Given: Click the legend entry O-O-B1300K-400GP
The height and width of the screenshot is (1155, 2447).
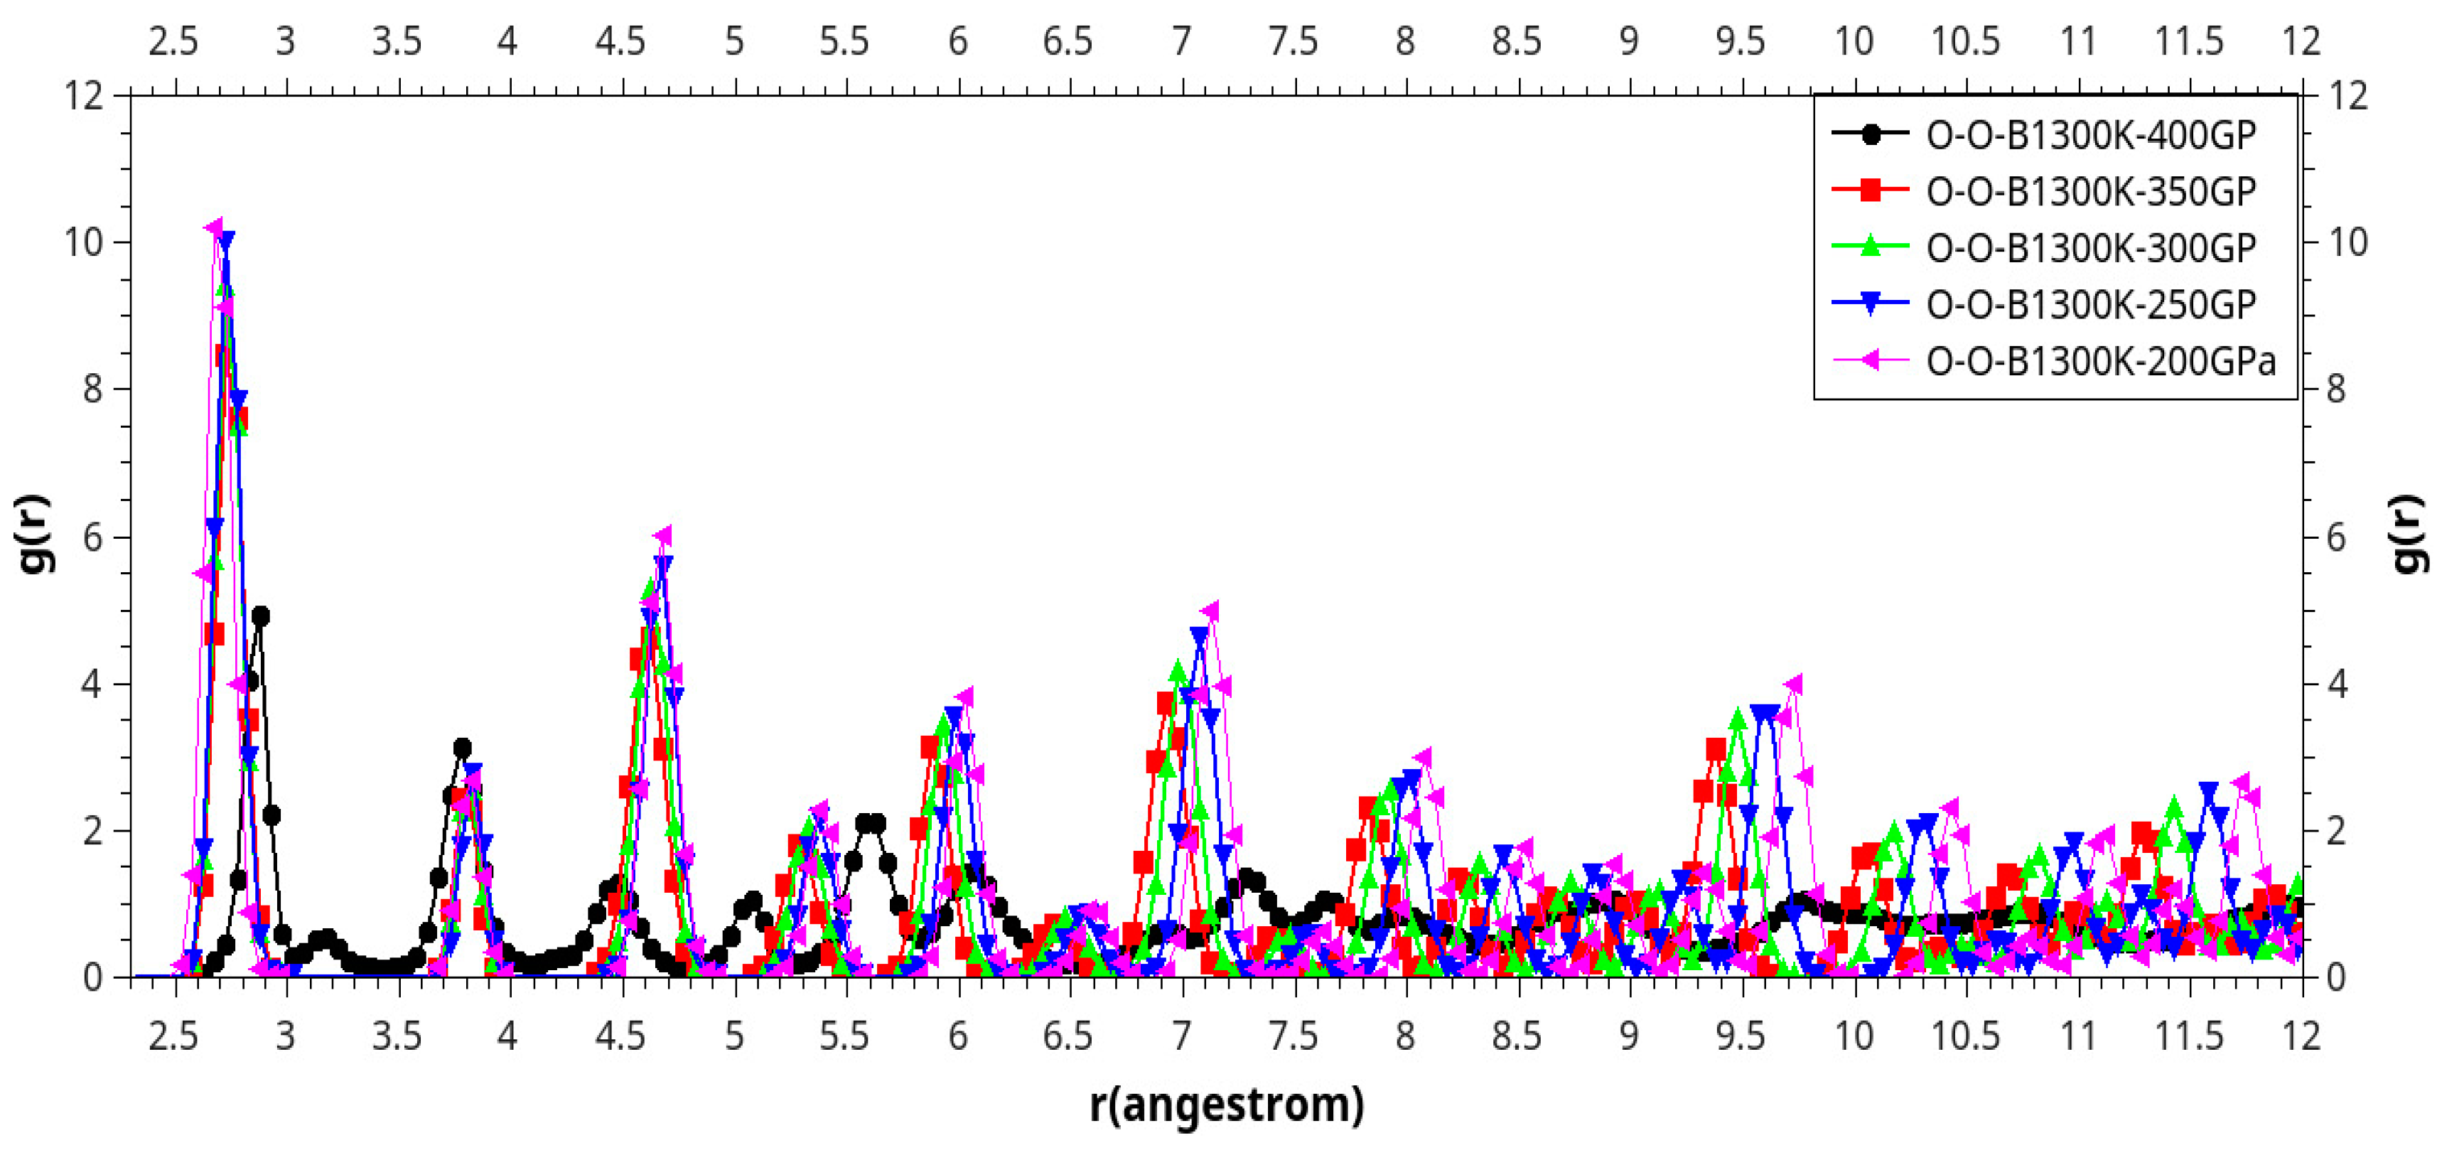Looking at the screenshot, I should pos(2090,136).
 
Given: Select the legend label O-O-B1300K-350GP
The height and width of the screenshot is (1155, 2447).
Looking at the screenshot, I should pos(2090,192).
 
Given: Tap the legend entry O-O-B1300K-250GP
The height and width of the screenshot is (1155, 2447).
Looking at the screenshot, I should pos(2090,305).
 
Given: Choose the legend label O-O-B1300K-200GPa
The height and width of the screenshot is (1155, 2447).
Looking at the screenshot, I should pos(2100,361).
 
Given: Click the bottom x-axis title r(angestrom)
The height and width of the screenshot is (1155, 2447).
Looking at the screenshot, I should pos(1225,1105).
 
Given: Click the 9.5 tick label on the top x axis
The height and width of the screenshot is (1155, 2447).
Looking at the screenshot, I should pos(1741,42).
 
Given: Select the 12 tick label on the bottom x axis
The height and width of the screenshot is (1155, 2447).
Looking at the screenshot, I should pos(2301,1036).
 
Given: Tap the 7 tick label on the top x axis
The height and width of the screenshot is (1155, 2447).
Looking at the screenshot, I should pos(1181,42).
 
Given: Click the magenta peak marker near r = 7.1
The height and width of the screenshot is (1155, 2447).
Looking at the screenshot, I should pos(1210,611).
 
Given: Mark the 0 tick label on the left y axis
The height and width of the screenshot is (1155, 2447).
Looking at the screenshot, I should pos(92,977).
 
